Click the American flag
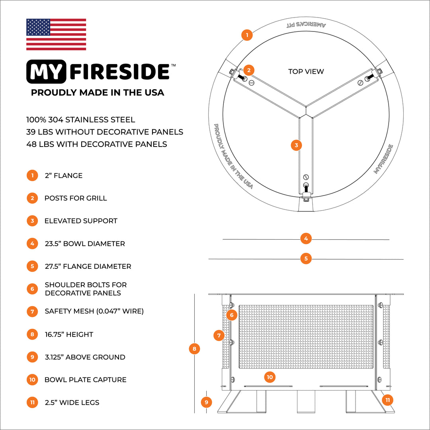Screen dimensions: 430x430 tap(56, 34)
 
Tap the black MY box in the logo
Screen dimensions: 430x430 tap(47, 72)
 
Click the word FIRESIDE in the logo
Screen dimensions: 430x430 tap(119, 72)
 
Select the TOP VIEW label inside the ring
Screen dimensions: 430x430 tap(306, 72)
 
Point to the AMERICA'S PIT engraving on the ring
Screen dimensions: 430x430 tap(306, 25)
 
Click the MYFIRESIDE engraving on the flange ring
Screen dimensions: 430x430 tap(384, 159)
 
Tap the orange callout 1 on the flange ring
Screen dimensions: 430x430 tap(247, 35)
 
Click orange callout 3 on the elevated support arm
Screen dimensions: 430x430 tap(296, 145)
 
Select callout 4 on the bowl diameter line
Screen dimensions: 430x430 tap(306, 239)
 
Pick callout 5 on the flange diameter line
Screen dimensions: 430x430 tap(306, 258)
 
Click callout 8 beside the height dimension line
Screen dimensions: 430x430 tap(194, 349)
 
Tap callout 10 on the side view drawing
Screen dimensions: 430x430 tap(270, 377)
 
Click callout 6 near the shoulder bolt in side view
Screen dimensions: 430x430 tap(232, 315)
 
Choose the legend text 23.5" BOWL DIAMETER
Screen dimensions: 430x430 tap(85, 244)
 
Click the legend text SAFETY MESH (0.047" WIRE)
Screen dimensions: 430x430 tap(94, 311)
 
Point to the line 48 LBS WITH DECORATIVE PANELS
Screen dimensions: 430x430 tap(97, 144)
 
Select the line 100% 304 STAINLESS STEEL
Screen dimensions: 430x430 tap(81, 119)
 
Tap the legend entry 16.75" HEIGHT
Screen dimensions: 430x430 tap(69, 334)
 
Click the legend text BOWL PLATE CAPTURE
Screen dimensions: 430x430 tap(86, 380)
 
